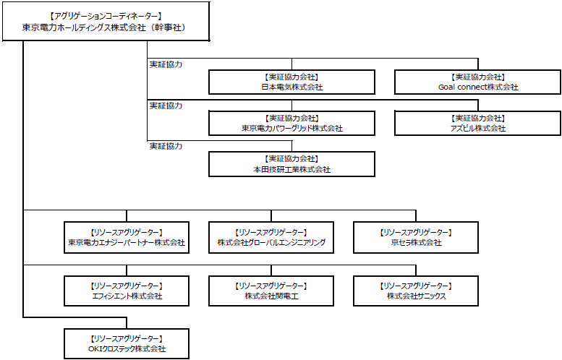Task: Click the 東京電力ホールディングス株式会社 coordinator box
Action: pyautogui.click(x=106, y=21)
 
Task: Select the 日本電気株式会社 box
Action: pyautogui.click(x=291, y=82)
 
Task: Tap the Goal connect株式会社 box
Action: pyautogui.click(x=478, y=82)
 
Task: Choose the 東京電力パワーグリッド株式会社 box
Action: pyautogui.click(x=291, y=123)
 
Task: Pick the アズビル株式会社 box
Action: pyautogui.click(x=478, y=123)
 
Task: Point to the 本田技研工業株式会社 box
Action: pyautogui.click(x=291, y=164)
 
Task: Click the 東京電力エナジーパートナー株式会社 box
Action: pyautogui.click(x=127, y=238)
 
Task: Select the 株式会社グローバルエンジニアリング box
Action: pyautogui.click(x=271, y=238)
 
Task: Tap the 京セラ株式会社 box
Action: pyautogui.click(x=416, y=238)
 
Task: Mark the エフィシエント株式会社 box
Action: pyautogui.click(x=127, y=291)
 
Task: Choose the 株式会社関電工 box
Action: pyautogui.click(x=271, y=291)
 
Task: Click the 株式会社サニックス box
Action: pyautogui.click(x=416, y=291)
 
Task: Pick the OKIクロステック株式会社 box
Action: pyautogui.click(x=127, y=344)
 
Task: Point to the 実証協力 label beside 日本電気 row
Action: pyautogui.click(x=166, y=64)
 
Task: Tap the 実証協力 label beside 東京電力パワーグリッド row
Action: pyautogui.click(x=166, y=106)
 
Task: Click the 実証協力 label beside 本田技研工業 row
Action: pyautogui.click(x=166, y=146)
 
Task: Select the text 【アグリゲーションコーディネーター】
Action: pyautogui.click(x=106, y=16)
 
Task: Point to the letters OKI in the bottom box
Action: pyautogui.click(x=95, y=349)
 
